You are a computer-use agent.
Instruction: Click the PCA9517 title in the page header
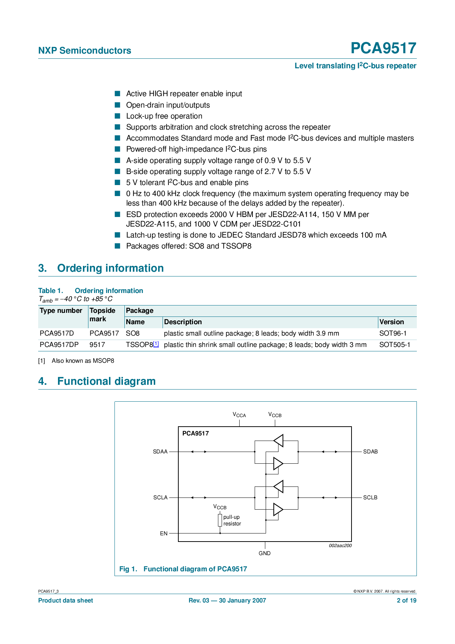pos(383,48)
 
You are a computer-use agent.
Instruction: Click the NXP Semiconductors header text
pos(84,51)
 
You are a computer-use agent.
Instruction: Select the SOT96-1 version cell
pos(393,333)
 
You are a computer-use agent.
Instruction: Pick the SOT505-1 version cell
pos(394,345)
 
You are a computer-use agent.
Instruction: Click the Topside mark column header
pos(102,315)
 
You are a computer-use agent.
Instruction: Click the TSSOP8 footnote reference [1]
pos(156,344)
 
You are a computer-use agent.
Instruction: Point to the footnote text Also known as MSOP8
pos(83,361)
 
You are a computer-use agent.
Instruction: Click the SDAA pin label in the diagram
pos(160,452)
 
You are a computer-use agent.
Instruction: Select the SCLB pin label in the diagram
pos(370,498)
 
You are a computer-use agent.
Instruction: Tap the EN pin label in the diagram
pos(164,533)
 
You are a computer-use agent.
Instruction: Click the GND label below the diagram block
pos(264,553)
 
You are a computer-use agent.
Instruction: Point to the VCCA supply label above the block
pos(239,415)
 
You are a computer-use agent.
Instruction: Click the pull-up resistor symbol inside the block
pos(220,520)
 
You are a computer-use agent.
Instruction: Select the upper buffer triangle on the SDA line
pos(279,440)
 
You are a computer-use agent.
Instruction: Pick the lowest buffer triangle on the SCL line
pos(278,510)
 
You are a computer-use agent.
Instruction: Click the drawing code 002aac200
pos(340,546)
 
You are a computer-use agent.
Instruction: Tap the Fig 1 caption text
pos(183,569)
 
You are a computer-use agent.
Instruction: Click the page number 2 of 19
pos(407,601)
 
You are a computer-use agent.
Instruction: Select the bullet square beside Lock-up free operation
pos(117,116)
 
